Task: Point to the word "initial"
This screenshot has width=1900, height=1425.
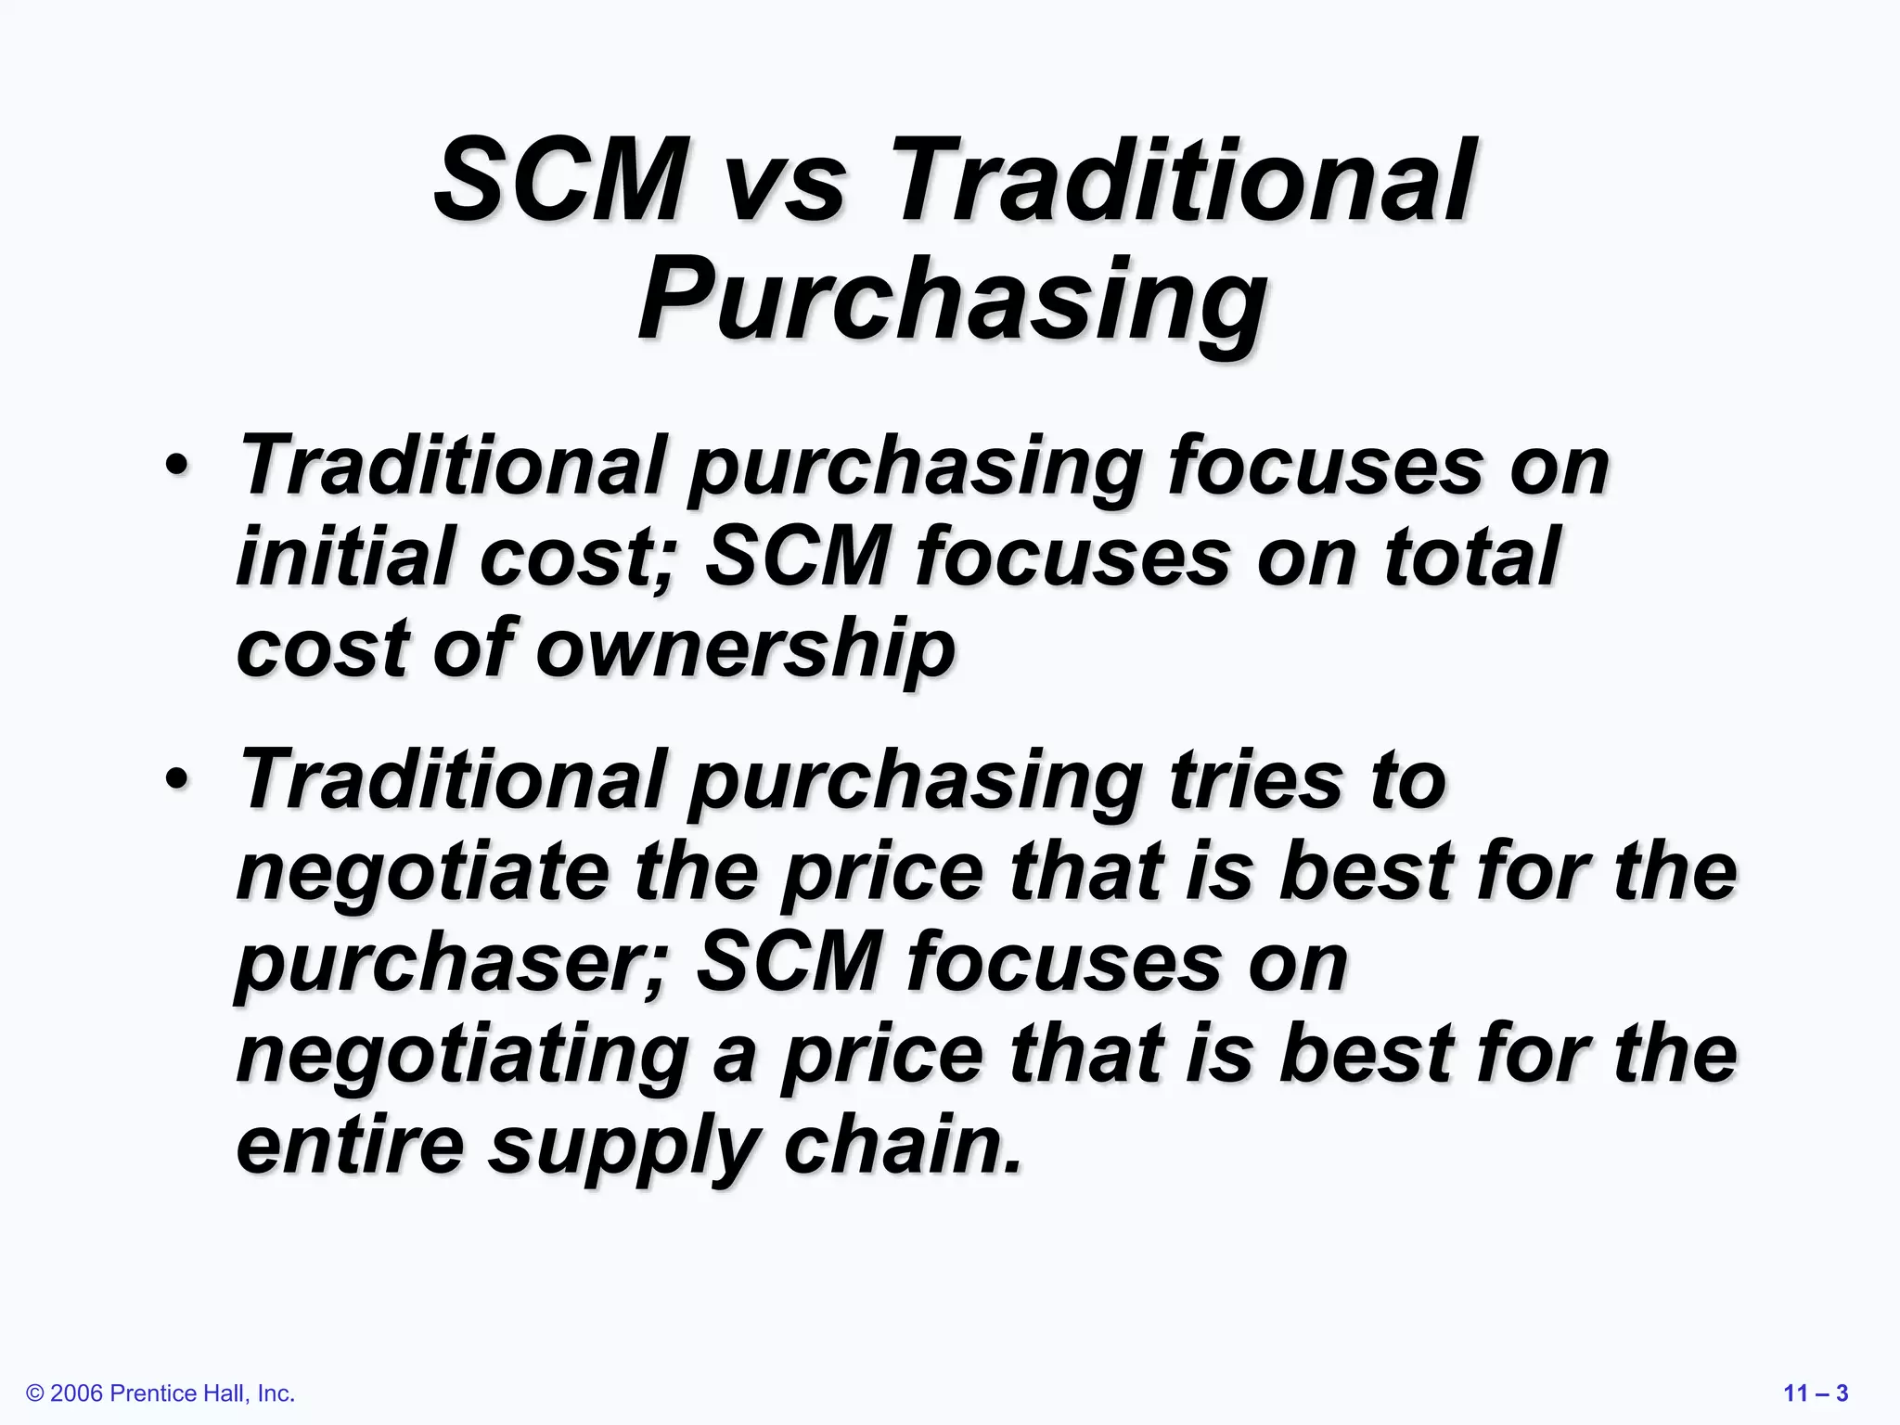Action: [x=345, y=557]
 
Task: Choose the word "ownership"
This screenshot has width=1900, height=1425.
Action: [x=744, y=648]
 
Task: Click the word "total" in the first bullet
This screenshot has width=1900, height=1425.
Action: [x=1470, y=557]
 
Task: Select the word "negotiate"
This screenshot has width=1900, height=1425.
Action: [x=423, y=872]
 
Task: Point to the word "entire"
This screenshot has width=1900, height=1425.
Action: [x=350, y=1146]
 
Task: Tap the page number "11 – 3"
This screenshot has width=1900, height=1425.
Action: [x=1816, y=1393]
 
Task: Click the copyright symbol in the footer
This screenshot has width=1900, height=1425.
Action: [x=36, y=1393]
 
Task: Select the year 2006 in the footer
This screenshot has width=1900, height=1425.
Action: [x=77, y=1393]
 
